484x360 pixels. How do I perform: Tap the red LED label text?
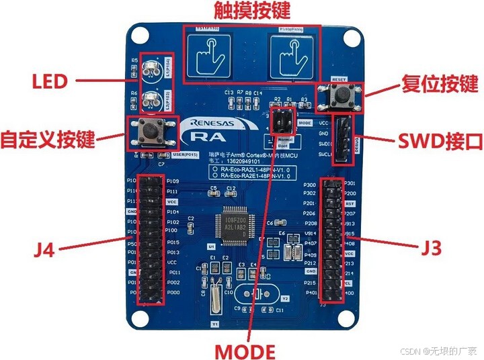pos(50,82)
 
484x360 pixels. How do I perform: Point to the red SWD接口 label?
pos(441,141)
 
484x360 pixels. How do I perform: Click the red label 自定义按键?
pos(48,139)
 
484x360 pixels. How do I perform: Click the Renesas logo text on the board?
pos(212,124)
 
